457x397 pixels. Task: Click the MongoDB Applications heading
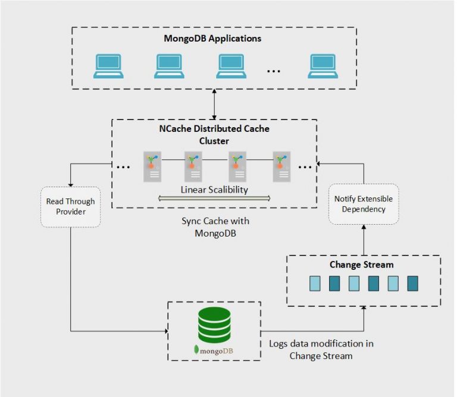[212, 39]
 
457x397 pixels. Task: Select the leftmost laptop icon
[108, 66]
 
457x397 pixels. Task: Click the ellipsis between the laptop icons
[274, 71]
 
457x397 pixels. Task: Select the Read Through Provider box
[70, 207]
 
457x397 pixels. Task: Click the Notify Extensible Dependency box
[364, 204]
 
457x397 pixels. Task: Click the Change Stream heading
[362, 264]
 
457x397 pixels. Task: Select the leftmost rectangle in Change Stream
[314, 283]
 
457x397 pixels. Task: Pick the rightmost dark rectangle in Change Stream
[412, 283]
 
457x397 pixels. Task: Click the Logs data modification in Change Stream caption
[321, 349]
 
